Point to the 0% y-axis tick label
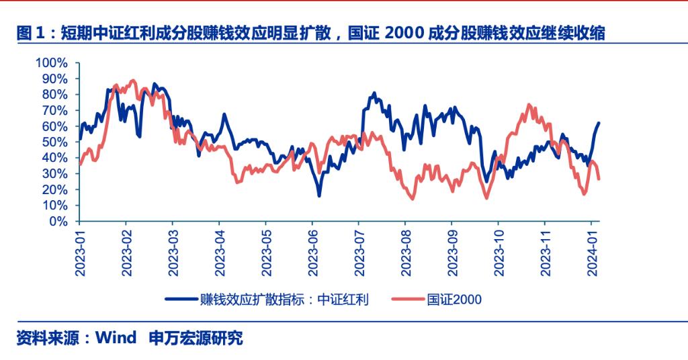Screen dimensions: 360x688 point(58,221)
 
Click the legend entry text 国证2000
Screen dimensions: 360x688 point(454,300)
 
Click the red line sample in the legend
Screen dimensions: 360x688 point(408,300)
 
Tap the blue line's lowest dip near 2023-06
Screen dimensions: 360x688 point(319,195)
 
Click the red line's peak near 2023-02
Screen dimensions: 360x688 point(132,81)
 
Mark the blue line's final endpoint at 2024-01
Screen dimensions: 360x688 point(599,123)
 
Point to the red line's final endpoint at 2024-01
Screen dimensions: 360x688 point(599,179)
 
